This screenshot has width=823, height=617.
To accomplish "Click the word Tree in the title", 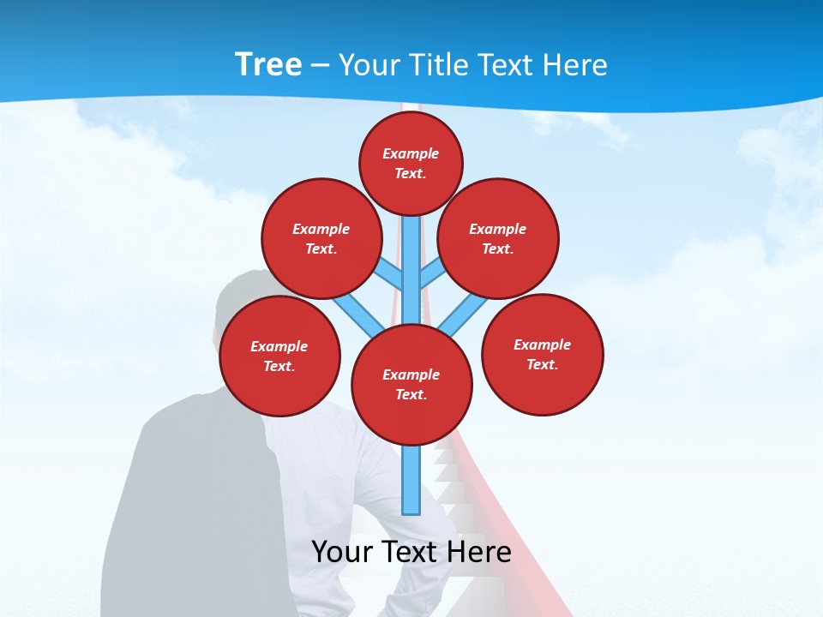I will coord(268,65).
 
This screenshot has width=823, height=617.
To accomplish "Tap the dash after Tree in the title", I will coord(320,66).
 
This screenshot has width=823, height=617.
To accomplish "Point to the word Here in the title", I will coord(573,65).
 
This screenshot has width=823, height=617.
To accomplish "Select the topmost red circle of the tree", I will coord(411,163).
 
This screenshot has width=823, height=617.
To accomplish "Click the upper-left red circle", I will coord(321,238).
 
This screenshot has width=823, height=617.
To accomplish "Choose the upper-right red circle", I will coord(498,238).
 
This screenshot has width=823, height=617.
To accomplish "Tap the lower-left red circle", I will coord(279,356).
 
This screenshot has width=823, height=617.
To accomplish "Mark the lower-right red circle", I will coord(542,354).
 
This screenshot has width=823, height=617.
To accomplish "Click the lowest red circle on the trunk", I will coord(411,384).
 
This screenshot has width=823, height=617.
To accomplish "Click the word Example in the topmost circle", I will coord(411,153).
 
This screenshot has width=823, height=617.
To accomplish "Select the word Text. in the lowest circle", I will coord(411,394).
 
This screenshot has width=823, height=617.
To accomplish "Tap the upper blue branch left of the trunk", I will coord(391,274).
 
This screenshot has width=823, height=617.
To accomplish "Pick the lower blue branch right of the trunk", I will coord(455,317).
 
